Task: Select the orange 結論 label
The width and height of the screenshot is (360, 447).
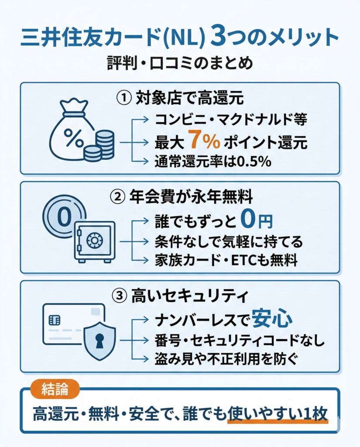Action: click(56, 389)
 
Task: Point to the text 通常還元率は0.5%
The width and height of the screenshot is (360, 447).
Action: click(213, 162)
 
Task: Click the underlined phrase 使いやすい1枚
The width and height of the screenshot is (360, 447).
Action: click(278, 413)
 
